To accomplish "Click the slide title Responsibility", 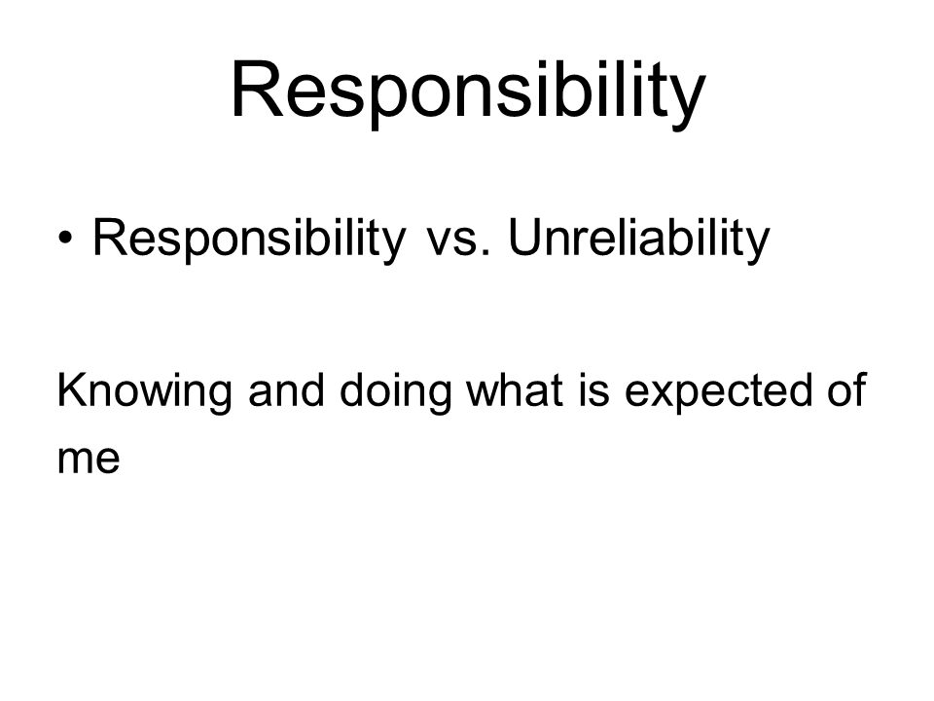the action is (x=468, y=93).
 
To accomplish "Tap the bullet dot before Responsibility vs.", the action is (x=65, y=239).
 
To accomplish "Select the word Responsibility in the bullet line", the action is (x=249, y=240).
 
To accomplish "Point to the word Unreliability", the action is (x=639, y=240).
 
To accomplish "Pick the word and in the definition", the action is (x=286, y=389).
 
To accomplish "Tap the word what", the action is (x=515, y=389).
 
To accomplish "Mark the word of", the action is (x=846, y=389).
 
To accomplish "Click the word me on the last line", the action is (x=89, y=460).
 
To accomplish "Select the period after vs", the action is (x=486, y=253).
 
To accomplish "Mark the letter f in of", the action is (x=859, y=389).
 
